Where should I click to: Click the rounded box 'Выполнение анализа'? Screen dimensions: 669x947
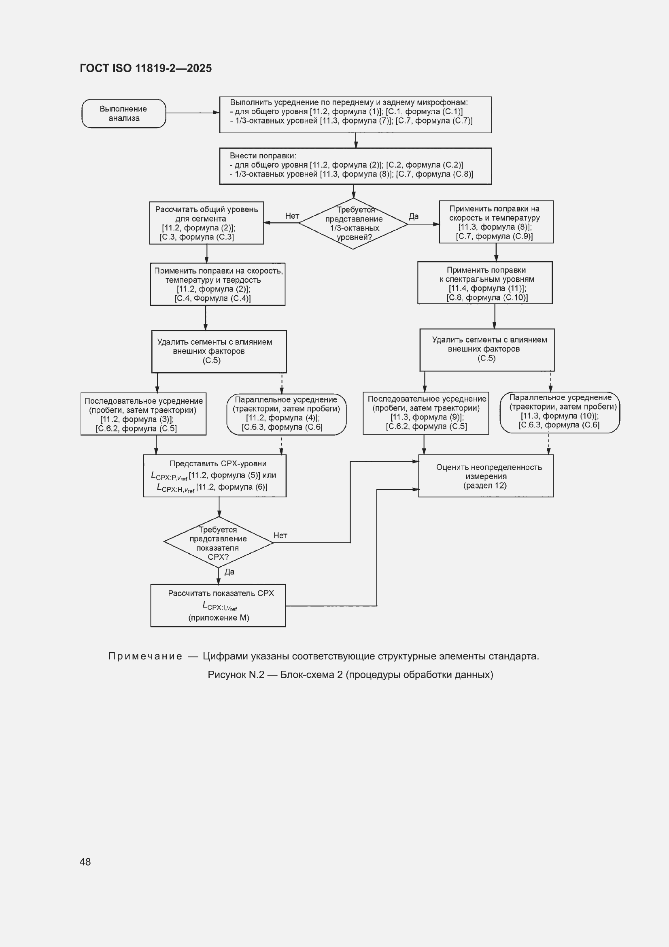(124, 113)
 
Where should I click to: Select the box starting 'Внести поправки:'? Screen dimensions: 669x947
(355, 166)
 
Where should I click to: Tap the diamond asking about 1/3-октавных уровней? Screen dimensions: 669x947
(353, 224)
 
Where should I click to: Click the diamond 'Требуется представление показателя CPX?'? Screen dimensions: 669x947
(219, 542)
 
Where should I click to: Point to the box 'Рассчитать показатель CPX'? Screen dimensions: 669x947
(218, 606)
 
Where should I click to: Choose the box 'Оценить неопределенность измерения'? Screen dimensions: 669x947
(486, 476)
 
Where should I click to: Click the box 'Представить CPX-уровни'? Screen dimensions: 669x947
(215, 476)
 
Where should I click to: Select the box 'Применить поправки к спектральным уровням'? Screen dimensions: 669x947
(485, 283)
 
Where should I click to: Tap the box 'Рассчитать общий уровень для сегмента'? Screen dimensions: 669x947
(206, 223)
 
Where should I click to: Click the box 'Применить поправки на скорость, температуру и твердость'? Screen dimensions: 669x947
(218, 284)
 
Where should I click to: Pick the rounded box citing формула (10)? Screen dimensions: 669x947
(560, 412)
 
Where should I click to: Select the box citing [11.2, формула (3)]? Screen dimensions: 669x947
(143, 414)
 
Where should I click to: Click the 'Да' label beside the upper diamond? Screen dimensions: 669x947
(414, 216)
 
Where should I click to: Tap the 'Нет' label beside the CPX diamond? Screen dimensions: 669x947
(280, 535)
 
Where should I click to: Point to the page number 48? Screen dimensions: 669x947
(85, 862)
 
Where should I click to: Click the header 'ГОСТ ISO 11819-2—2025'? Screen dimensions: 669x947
(146, 68)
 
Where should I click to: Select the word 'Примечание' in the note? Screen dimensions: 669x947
(145, 656)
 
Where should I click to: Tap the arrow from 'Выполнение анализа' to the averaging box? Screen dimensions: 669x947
(193, 113)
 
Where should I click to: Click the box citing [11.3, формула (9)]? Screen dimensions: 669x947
(426, 413)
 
